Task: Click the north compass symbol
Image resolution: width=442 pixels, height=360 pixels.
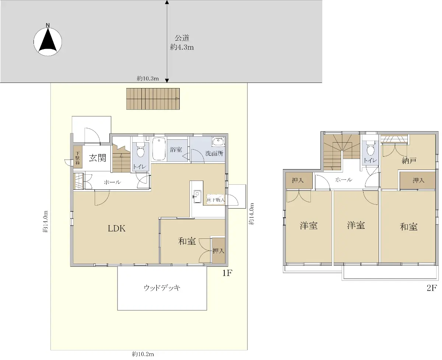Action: [x=48, y=42]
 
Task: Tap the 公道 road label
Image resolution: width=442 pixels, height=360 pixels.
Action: [x=182, y=38]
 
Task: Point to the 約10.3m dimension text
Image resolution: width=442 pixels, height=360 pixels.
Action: [x=148, y=78]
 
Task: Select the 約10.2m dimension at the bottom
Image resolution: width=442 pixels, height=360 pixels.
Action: [x=143, y=354]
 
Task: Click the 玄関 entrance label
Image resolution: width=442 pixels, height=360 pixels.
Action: [x=98, y=158]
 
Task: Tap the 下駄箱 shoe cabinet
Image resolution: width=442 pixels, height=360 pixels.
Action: [x=78, y=157]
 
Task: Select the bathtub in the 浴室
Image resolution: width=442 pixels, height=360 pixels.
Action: [x=159, y=148]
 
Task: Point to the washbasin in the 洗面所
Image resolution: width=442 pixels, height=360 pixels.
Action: [x=218, y=141]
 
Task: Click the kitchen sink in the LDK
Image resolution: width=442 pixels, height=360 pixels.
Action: [x=197, y=196]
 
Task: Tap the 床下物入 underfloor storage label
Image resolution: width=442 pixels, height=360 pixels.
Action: [x=215, y=200]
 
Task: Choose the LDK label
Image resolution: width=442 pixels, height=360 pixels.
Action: [x=116, y=228]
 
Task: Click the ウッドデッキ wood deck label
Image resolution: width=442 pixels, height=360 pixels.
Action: [x=162, y=288]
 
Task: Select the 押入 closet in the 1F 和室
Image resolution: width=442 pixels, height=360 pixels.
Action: [x=218, y=251]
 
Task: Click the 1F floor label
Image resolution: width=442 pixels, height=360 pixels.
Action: [x=227, y=273]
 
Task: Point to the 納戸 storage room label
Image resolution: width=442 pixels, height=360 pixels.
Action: [x=409, y=161]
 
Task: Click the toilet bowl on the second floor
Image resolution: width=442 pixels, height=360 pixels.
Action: [x=370, y=148]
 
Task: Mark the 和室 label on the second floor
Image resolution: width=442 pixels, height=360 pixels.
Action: [x=408, y=227]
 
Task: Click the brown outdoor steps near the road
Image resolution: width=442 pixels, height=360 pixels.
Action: [x=153, y=99]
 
